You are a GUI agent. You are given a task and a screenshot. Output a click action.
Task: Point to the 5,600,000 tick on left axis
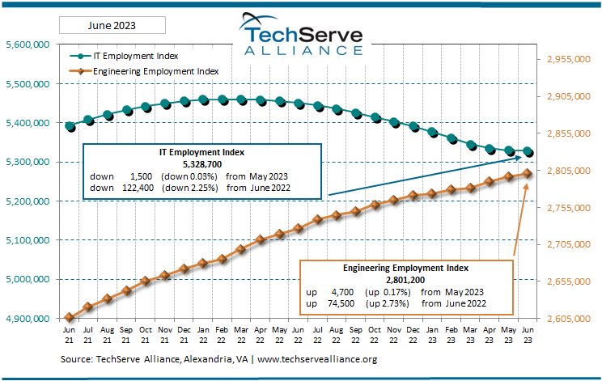[29, 44]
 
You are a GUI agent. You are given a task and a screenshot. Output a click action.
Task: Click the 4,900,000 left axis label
[29, 318]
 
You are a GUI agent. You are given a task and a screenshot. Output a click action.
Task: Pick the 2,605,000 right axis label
[571, 318]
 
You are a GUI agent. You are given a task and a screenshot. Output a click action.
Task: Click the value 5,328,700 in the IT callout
[202, 163]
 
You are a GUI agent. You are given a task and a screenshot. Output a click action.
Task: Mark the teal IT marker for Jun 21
[70, 126]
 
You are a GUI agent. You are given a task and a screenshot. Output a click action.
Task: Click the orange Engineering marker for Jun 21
[70, 318]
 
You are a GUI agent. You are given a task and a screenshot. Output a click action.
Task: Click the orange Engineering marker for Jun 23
[528, 173]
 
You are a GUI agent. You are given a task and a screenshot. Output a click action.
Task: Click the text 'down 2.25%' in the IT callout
[187, 187]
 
